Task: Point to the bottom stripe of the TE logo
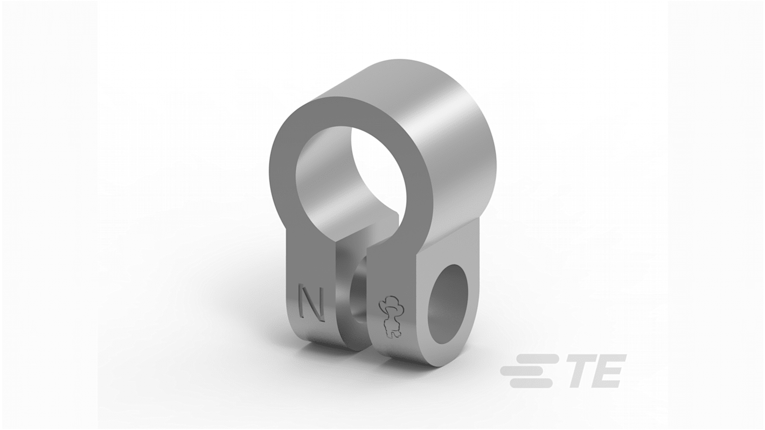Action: [531, 383]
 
